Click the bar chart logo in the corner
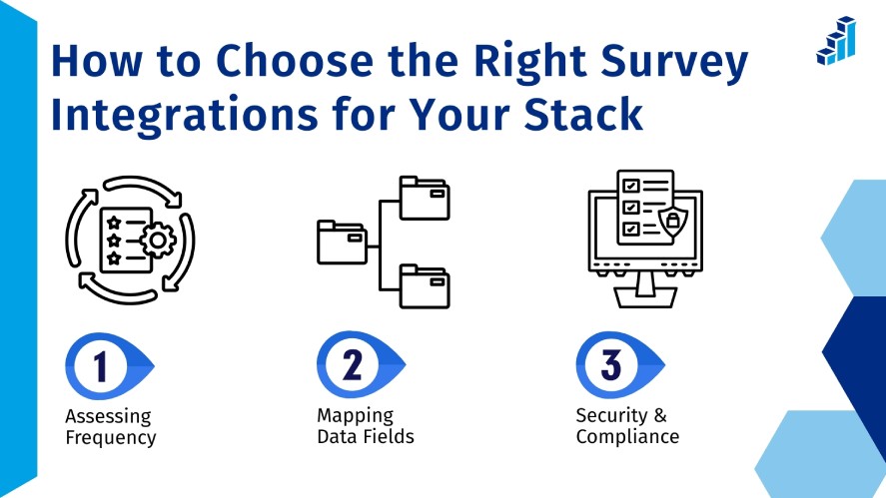(x=836, y=41)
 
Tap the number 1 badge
(x=101, y=366)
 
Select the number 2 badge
(x=352, y=366)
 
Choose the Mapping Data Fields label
(x=365, y=426)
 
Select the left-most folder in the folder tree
(x=342, y=243)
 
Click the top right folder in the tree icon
(x=425, y=198)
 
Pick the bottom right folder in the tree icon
(x=425, y=285)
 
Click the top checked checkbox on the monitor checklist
(x=631, y=187)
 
